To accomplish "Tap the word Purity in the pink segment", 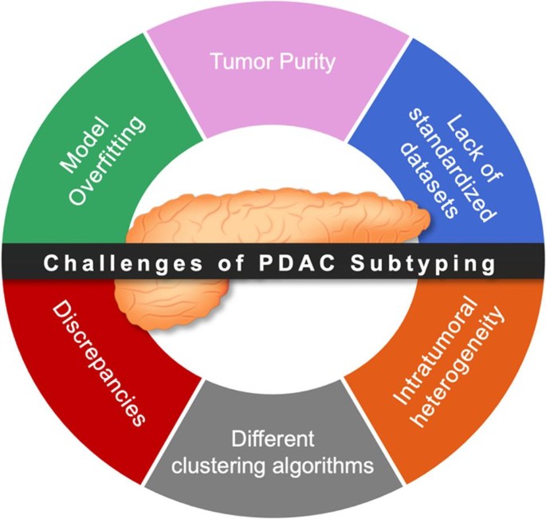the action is pyautogui.click(x=307, y=62).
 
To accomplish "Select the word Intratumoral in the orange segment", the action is pyautogui.click(x=435, y=351).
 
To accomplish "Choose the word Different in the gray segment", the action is pyautogui.click(x=273, y=438).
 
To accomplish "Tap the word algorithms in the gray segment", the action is pyautogui.click(x=323, y=466).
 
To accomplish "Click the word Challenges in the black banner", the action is pyautogui.click(x=123, y=264).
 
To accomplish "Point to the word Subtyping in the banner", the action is pyautogui.click(x=422, y=264).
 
